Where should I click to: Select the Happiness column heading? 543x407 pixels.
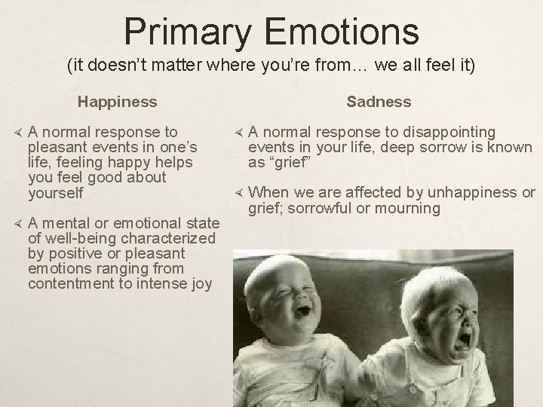coord(118,101)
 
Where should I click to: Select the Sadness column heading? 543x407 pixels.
coord(379,101)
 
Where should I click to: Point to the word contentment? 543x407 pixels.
coord(70,284)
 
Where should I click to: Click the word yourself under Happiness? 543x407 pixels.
coord(56,192)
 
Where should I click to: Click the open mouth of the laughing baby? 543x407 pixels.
coord(303,310)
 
